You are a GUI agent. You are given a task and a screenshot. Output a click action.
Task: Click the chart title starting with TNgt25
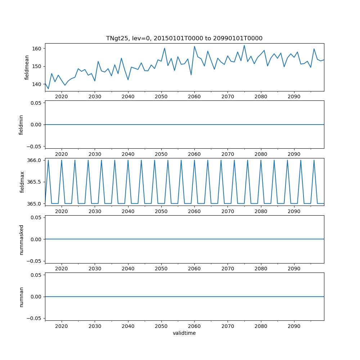pos(184,38)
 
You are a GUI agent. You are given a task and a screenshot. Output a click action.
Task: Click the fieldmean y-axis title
pos(27,67)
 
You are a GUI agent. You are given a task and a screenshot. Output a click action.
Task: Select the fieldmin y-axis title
pos(21,125)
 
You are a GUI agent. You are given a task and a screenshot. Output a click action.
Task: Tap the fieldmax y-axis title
pos(22,182)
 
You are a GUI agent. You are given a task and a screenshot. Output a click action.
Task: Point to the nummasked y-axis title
pos(21,239)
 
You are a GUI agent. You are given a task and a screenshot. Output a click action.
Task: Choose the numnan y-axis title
pos(21,297)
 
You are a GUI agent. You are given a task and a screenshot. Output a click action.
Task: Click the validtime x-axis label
pos(184,333)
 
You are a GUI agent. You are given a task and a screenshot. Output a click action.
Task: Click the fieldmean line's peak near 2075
pos(244,45)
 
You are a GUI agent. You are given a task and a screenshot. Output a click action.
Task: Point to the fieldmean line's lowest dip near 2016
pos(48,89)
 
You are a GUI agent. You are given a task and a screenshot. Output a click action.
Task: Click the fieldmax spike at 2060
pos(194,160)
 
